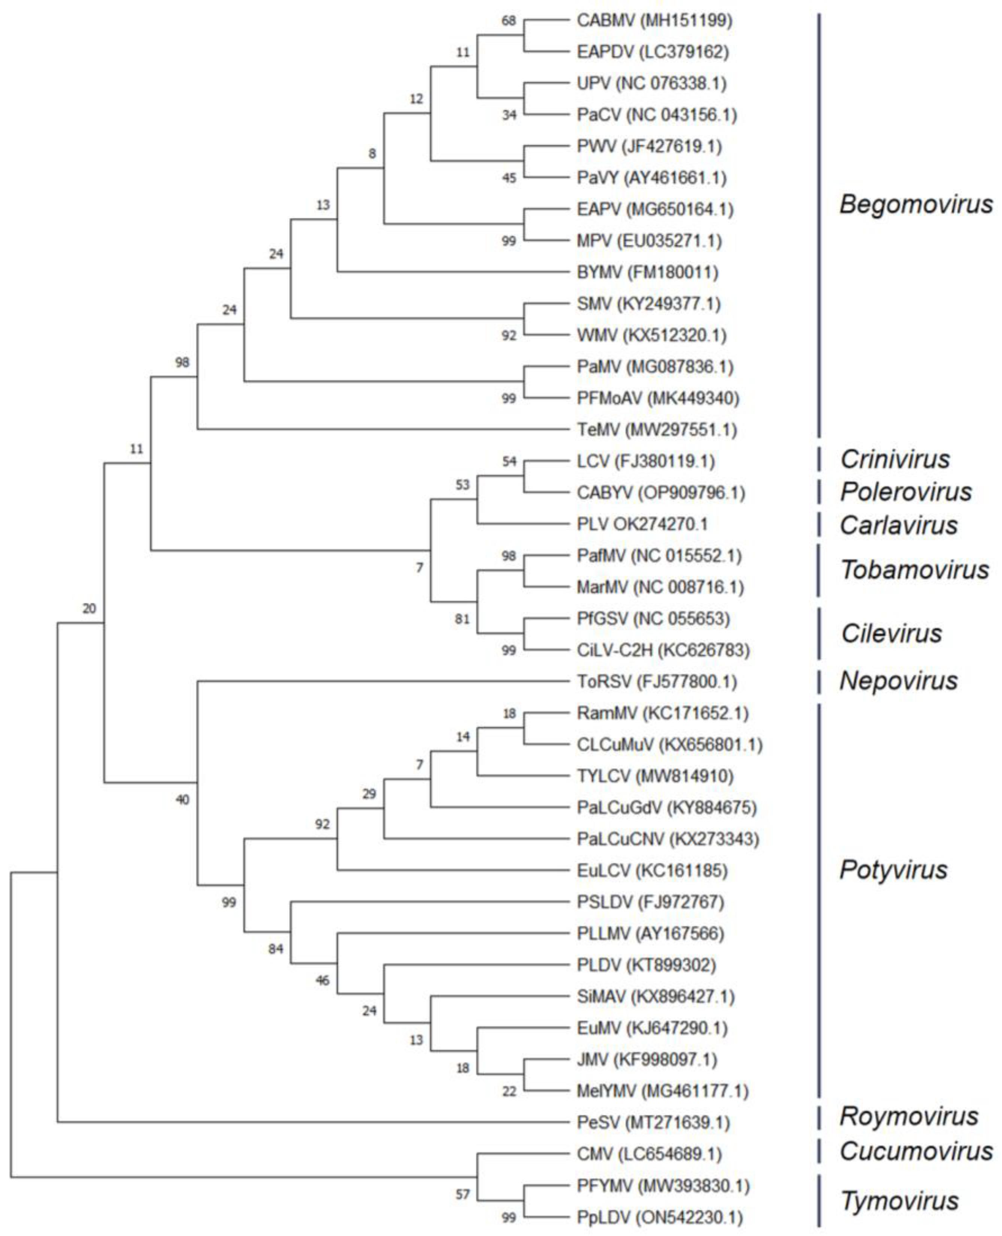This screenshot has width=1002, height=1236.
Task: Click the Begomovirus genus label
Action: coord(916,204)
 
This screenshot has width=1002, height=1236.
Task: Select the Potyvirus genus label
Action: coord(893,870)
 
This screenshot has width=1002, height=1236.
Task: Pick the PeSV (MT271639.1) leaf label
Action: coord(653,1123)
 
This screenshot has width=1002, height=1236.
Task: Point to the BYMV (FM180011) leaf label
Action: coord(648,272)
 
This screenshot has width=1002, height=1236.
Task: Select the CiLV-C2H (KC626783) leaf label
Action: coord(663,650)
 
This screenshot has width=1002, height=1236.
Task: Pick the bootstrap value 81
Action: coord(462,619)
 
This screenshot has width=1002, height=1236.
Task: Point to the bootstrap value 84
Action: coord(276,948)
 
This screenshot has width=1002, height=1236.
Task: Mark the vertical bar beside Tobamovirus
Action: coord(818,571)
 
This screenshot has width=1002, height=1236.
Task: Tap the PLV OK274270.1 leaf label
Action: coord(642,524)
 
